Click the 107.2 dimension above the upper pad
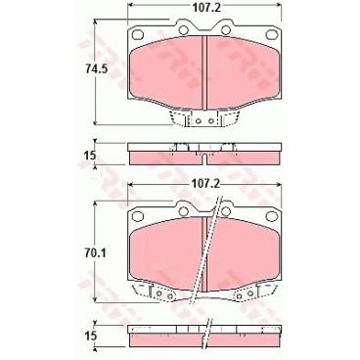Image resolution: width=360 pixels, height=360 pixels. pyautogui.click(x=202, y=12)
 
